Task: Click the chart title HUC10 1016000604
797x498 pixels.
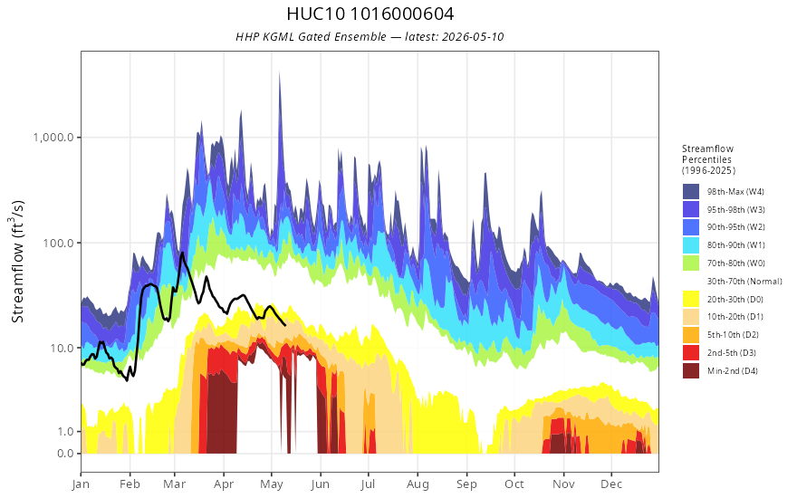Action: coord(370,14)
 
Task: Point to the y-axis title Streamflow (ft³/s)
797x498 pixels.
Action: coord(17,262)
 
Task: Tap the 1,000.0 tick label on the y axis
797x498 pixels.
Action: coord(53,138)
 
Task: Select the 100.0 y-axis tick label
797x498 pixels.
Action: coord(59,243)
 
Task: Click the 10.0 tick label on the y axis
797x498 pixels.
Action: coord(62,348)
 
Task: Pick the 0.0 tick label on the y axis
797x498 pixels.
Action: coord(65,454)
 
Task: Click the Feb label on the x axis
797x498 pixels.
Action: coord(130,484)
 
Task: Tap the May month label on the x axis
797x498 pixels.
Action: coord(272,484)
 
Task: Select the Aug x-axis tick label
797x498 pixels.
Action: coord(418,484)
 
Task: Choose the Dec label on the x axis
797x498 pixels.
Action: coord(611,484)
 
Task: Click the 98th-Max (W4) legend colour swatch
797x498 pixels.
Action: coord(691,192)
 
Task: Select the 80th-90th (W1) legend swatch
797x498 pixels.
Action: coord(691,245)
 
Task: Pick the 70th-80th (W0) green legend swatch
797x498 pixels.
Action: coord(691,263)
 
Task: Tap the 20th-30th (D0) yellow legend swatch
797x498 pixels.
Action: coord(691,299)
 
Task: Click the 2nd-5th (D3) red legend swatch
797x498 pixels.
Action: coord(691,352)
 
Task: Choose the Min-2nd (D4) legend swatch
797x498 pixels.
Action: coord(691,370)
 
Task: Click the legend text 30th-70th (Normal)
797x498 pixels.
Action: coord(744,281)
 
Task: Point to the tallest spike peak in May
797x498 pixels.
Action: coord(279,72)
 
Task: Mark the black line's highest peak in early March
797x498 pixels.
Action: coord(181,253)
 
